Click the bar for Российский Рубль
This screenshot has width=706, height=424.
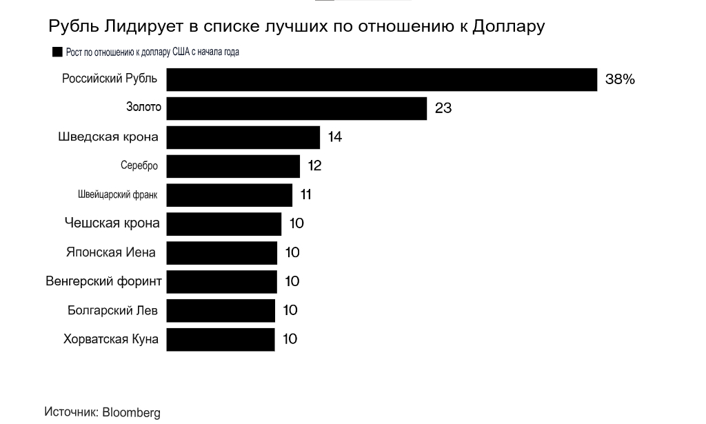(x=381, y=79)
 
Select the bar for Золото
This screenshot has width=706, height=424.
(x=296, y=108)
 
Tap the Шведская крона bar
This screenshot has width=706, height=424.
(x=243, y=137)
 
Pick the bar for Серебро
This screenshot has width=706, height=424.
(x=233, y=166)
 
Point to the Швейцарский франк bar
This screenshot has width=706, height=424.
(x=230, y=195)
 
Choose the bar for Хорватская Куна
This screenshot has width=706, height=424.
(x=221, y=339)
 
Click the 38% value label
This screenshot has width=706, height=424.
(x=620, y=79)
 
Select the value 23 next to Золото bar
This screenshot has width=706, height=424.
(x=443, y=108)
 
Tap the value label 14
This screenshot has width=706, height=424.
(x=335, y=137)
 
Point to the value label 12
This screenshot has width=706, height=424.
(x=315, y=166)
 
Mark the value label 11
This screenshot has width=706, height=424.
(x=306, y=195)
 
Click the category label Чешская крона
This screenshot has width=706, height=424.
(x=112, y=223)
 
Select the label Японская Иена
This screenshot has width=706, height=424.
(x=110, y=252)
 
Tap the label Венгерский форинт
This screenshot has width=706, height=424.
(x=103, y=281)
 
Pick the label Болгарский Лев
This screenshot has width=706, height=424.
(x=112, y=310)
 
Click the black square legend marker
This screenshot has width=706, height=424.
(x=57, y=52)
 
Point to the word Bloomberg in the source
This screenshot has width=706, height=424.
(x=131, y=412)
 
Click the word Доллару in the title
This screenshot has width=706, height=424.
(x=509, y=26)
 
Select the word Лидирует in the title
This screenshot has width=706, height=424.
(x=140, y=26)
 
